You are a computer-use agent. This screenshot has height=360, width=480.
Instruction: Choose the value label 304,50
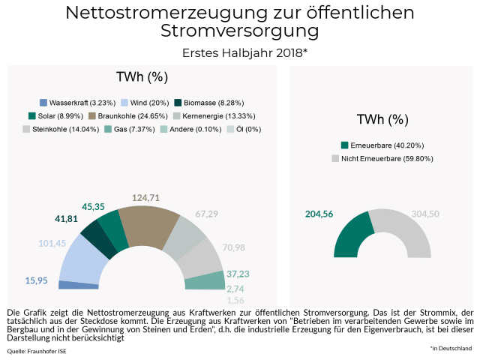(425, 214)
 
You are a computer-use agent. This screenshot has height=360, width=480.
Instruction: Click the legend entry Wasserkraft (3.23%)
(79, 102)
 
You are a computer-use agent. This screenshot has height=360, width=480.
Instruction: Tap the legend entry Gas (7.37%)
(127, 129)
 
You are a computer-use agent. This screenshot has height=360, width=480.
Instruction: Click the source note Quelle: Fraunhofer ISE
(36, 351)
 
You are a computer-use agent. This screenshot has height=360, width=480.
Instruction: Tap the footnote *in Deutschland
(451, 348)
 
